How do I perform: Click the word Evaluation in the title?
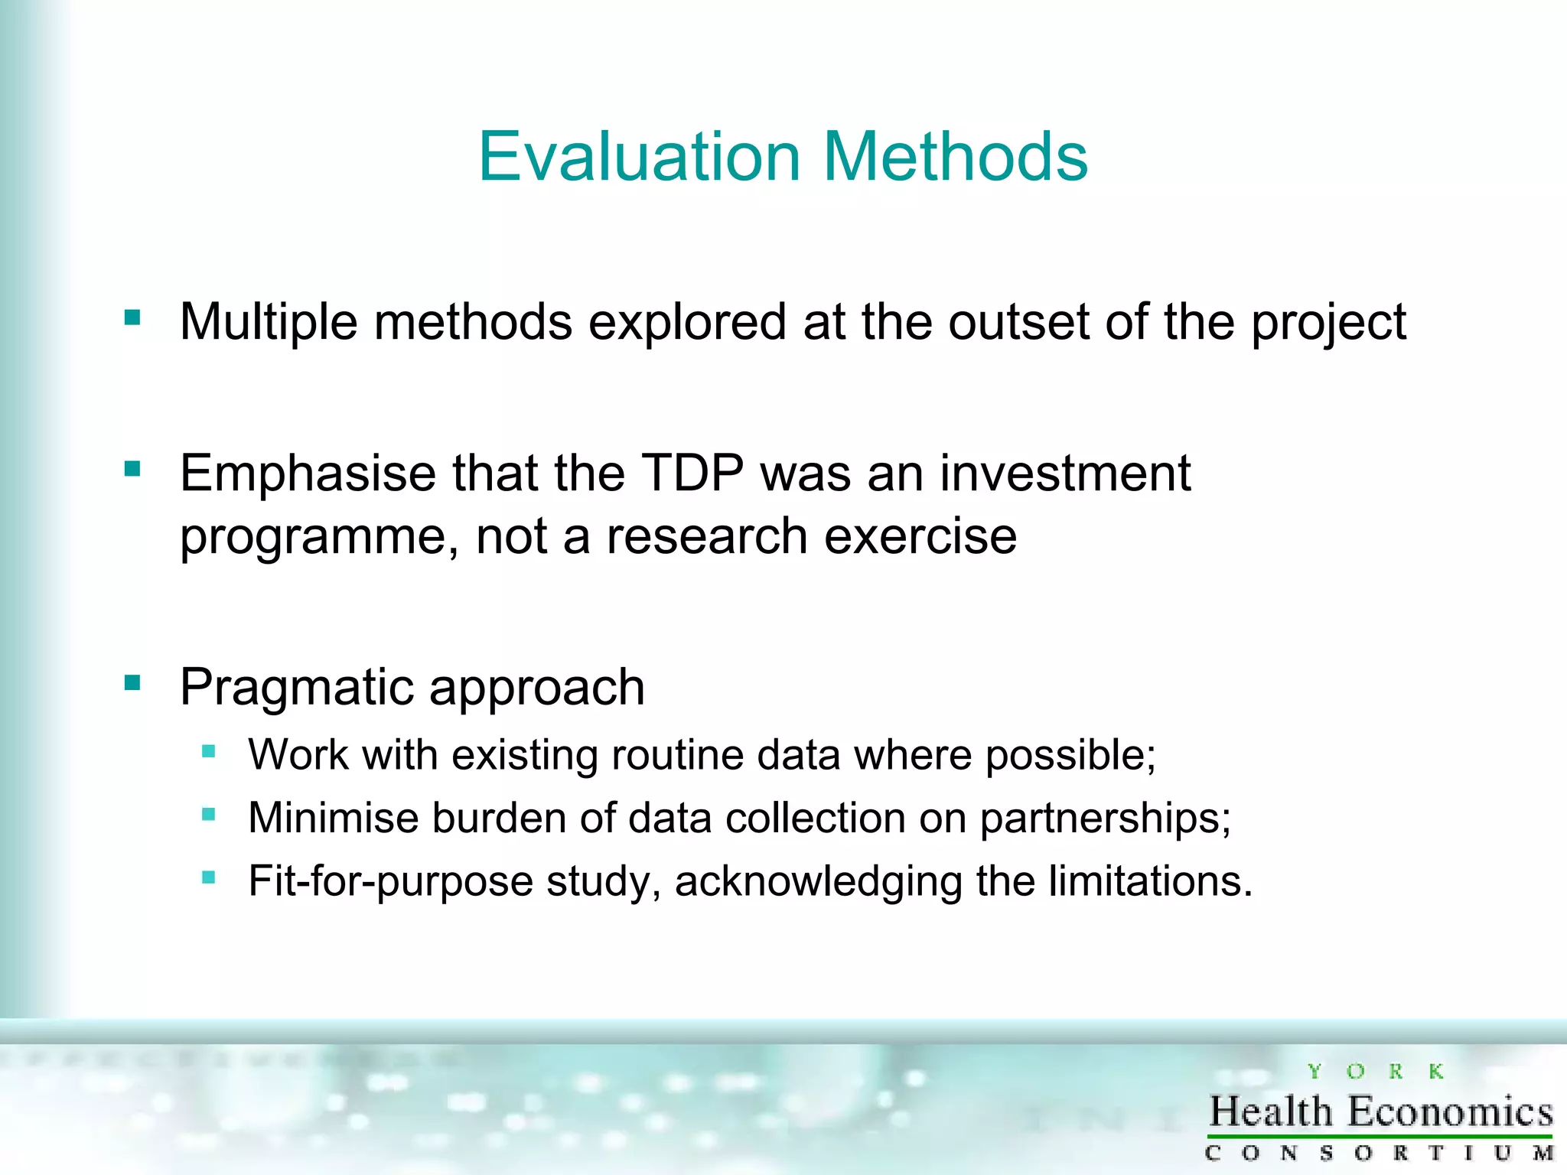pos(639,157)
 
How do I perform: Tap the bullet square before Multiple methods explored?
pos(132,317)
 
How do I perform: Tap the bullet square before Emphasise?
pos(132,468)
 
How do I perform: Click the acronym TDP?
pos(692,473)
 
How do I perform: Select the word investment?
pos(1065,473)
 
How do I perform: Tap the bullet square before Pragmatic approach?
pos(132,682)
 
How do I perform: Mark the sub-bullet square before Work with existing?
pos(208,751)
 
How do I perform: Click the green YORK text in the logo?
pos(1375,1072)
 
